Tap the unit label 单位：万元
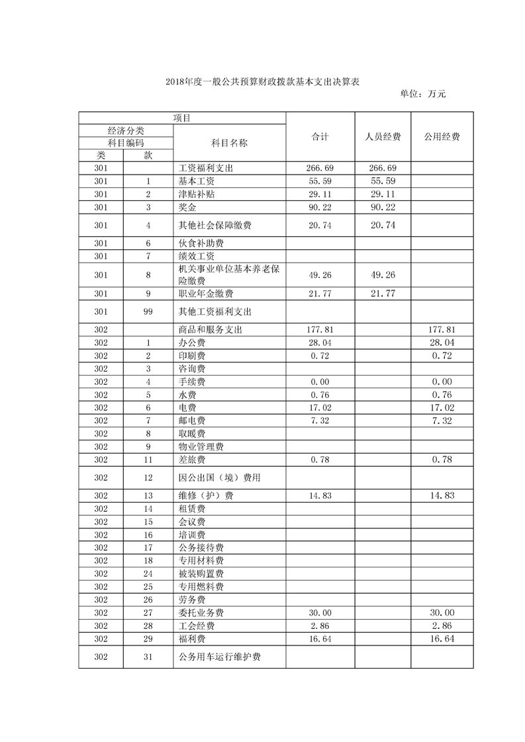423,94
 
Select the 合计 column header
320,137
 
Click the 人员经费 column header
383,137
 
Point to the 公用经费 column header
442,137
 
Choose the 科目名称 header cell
229,143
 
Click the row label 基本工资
197,181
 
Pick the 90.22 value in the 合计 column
320,208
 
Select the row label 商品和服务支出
212,329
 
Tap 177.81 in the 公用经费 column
442,329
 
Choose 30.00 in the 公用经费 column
442,612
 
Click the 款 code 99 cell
148,311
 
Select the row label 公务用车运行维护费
219,657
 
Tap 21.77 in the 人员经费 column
383,293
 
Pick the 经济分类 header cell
126,130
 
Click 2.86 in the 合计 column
320,626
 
